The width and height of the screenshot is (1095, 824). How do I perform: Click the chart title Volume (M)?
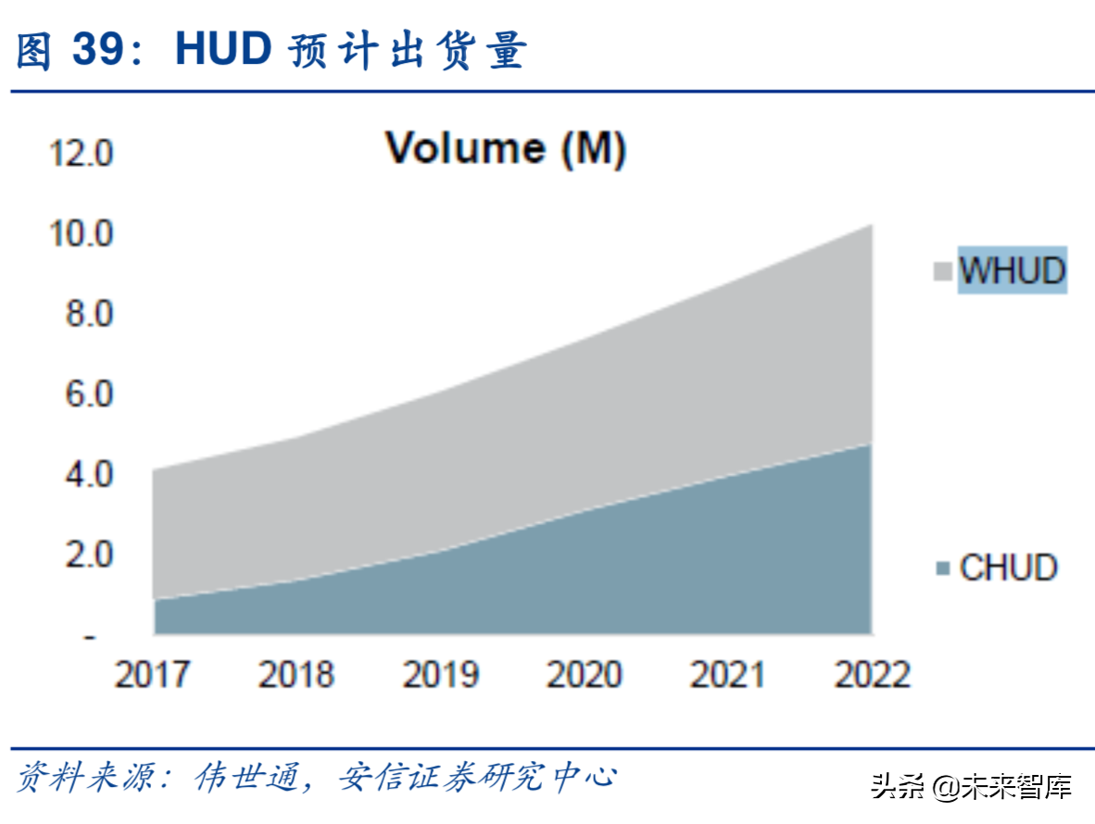click(506, 148)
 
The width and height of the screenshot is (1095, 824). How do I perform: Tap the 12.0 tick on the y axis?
click(82, 154)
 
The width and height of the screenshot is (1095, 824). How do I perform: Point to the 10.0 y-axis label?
click(82, 233)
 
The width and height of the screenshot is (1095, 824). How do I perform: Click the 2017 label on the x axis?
click(153, 675)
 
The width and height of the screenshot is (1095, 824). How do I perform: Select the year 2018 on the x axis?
click(296, 675)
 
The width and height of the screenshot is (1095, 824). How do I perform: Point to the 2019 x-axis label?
click(440, 675)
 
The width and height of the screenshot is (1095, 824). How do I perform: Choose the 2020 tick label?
click(585, 675)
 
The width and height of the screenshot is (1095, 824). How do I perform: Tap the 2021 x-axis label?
click(728, 675)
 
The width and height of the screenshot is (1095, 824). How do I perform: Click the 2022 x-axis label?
click(873, 675)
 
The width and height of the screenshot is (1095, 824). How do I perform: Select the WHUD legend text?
click(1013, 270)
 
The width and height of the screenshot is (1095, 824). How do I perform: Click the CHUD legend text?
click(1009, 568)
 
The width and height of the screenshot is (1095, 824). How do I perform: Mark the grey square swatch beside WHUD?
click(943, 271)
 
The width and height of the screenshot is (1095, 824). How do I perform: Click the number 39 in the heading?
click(99, 50)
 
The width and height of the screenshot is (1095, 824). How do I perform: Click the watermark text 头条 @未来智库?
click(970, 787)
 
